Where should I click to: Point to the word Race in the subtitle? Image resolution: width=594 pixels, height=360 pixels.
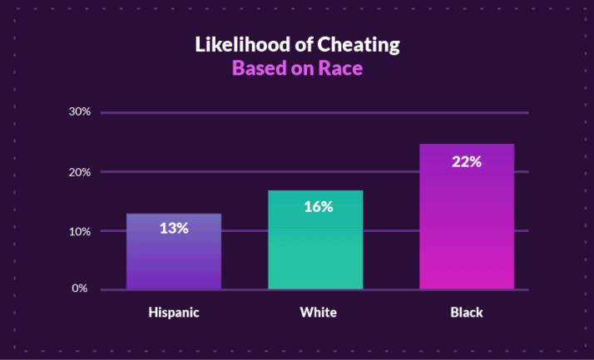click(342, 68)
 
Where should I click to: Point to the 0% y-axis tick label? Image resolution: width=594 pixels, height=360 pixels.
click(80, 288)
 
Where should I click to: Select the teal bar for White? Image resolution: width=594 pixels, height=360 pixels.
click(315, 249)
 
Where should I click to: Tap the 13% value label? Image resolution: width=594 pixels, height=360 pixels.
click(174, 228)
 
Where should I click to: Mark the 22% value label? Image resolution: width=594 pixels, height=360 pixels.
click(467, 162)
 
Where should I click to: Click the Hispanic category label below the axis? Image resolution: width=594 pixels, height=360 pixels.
click(174, 313)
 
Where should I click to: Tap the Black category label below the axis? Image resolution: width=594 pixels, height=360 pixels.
click(466, 313)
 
